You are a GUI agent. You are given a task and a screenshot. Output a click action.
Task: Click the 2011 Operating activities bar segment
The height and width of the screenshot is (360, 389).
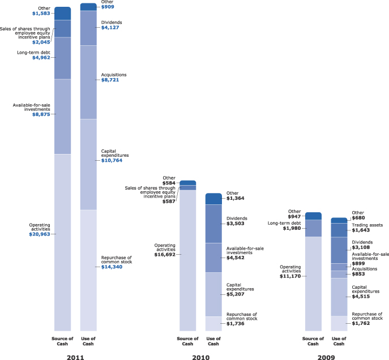click(x=62, y=242)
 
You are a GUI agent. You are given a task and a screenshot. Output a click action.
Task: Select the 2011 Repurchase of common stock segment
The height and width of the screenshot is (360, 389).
click(x=88, y=270)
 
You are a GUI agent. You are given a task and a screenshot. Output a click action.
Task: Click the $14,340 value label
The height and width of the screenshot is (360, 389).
click(x=112, y=267)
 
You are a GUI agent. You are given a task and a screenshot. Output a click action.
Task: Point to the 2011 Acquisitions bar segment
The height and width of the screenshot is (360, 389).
click(x=88, y=82)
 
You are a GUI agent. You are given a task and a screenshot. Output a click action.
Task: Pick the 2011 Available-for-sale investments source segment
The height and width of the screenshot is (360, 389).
click(x=62, y=117)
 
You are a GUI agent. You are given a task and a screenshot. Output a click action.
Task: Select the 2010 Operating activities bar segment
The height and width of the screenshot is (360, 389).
click(x=187, y=260)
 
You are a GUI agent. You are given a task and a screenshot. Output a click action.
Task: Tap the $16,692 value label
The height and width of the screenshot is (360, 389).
click(x=164, y=255)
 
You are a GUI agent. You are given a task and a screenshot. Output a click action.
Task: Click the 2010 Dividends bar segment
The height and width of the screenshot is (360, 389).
click(x=213, y=224)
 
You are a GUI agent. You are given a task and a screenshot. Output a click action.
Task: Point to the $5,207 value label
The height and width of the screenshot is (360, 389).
click(x=237, y=294)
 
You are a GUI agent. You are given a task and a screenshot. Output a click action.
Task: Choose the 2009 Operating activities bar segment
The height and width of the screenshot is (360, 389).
click(x=313, y=283)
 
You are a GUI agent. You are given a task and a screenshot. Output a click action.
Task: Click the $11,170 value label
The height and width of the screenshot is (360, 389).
click(x=290, y=276)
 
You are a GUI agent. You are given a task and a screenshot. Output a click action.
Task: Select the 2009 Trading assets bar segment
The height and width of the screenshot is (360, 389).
click(x=339, y=230)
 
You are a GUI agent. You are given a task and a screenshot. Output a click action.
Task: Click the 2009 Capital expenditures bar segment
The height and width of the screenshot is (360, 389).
click(x=339, y=297)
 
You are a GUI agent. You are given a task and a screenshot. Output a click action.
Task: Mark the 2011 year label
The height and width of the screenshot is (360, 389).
click(x=75, y=357)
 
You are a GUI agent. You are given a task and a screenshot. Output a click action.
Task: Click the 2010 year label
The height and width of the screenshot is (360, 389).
click(x=200, y=357)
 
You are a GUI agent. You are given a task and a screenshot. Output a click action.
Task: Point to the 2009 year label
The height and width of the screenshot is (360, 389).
click(x=326, y=357)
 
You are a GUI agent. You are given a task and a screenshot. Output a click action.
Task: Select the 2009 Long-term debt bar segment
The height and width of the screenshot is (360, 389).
click(x=313, y=228)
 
